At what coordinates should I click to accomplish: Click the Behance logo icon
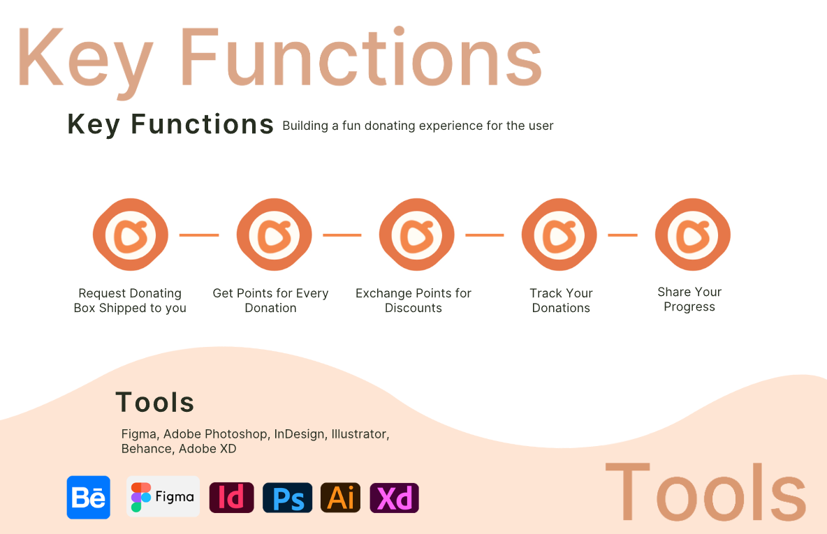click(x=89, y=497)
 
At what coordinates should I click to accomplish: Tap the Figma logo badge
click(x=163, y=496)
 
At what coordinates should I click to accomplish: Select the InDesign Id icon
click(x=231, y=497)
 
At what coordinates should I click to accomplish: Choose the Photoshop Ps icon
click(x=288, y=497)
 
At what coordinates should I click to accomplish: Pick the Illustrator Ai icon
click(x=341, y=497)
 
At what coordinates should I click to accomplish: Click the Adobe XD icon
click(x=395, y=497)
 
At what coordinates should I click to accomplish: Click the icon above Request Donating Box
click(x=131, y=235)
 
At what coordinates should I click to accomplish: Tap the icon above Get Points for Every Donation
click(x=275, y=235)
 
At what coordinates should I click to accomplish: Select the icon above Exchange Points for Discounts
click(x=417, y=235)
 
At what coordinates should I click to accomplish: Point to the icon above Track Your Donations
click(x=559, y=235)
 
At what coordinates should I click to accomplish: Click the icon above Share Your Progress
click(x=692, y=235)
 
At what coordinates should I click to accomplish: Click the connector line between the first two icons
click(x=199, y=235)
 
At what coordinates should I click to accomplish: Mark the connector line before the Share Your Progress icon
click(x=623, y=235)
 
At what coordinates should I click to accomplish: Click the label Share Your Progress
click(x=689, y=299)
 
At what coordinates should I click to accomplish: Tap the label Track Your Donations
click(x=561, y=300)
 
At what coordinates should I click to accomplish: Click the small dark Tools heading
click(x=155, y=402)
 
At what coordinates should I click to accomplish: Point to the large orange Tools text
click(x=705, y=492)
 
